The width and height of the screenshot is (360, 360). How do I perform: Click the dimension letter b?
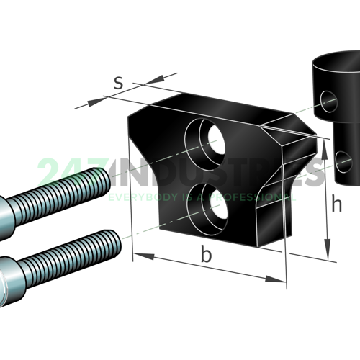pyautogui.click(x=206, y=256)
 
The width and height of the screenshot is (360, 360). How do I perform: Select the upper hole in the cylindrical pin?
pyautogui.click(x=330, y=102)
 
